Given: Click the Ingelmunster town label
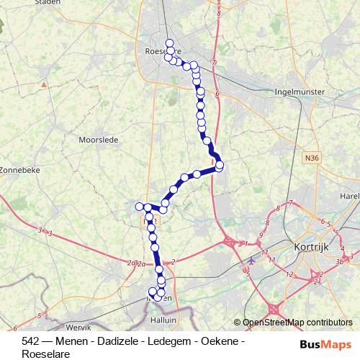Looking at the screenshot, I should pyautogui.click(x=300, y=92).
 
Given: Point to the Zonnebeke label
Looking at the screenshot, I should pyautogui.click(x=19, y=170).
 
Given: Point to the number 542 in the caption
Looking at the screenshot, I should pyautogui.click(x=31, y=341).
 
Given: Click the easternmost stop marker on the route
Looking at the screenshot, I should pyautogui.click(x=220, y=166).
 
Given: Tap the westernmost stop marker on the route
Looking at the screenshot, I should pyautogui.click(x=140, y=207).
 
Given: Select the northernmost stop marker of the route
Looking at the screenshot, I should pyautogui.click(x=169, y=42).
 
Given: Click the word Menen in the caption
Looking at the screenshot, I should pyautogui.click(x=57, y=341).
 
